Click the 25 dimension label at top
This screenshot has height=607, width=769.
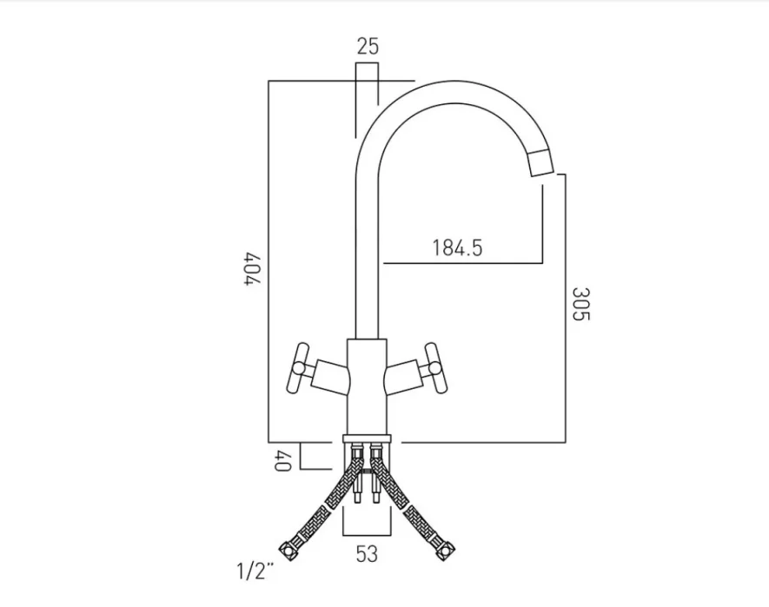(x=368, y=47)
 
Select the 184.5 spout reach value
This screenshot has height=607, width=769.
(x=457, y=247)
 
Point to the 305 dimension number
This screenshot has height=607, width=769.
(x=580, y=304)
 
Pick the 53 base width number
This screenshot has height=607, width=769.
(x=367, y=554)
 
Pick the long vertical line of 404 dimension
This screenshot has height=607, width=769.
(x=269, y=261)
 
